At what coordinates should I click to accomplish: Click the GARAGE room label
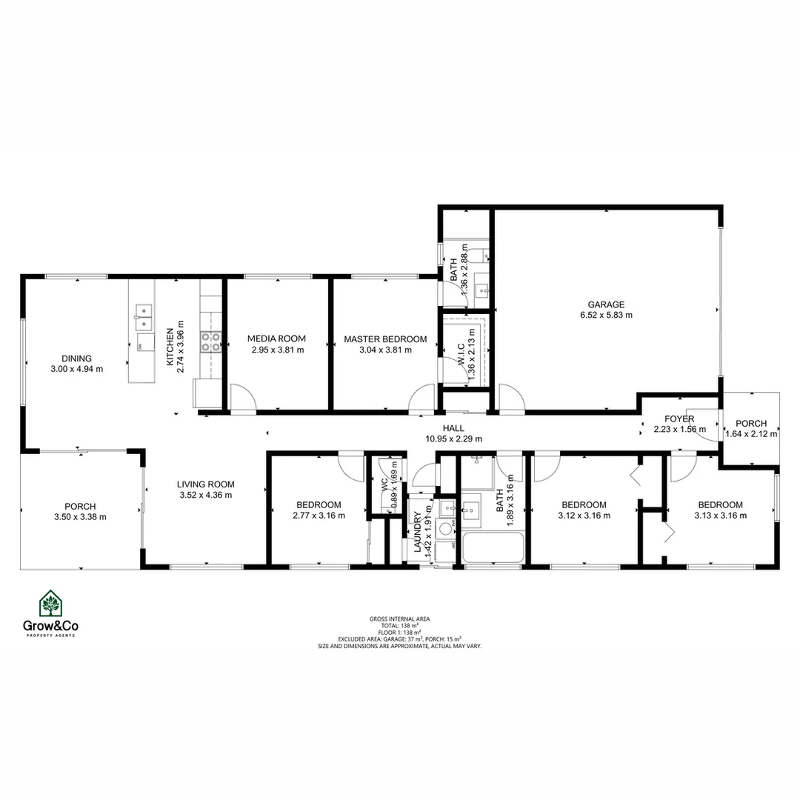(x=606, y=304)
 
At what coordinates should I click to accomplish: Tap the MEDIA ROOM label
(x=276, y=339)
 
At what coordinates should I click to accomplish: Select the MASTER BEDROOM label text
(x=385, y=339)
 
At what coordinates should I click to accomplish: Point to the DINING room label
(x=76, y=359)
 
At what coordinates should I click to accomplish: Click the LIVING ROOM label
(x=204, y=484)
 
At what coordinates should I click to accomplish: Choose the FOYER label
(x=679, y=419)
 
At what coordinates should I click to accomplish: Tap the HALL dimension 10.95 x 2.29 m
(x=453, y=439)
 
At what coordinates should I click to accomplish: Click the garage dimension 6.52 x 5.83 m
(x=606, y=315)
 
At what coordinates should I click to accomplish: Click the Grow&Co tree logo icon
(x=50, y=604)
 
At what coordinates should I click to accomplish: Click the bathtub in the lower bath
(x=493, y=548)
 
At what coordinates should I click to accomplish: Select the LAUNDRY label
(x=418, y=530)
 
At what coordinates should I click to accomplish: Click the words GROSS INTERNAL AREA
(x=399, y=619)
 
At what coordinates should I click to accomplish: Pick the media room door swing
(x=242, y=397)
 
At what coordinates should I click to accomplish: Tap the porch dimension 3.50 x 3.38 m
(x=80, y=517)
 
